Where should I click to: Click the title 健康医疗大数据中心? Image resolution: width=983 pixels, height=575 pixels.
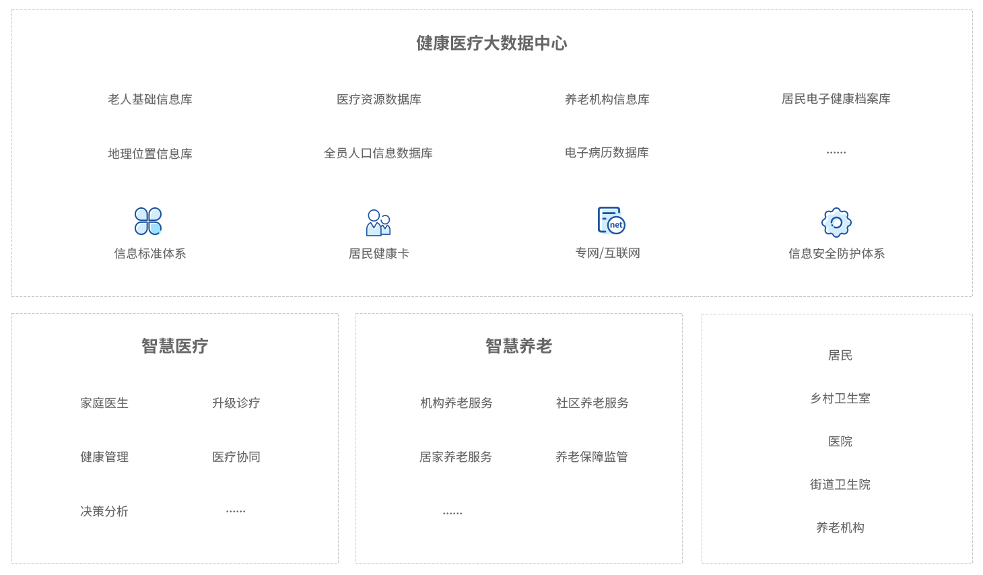(491, 43)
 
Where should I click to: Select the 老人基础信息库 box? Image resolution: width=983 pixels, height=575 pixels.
(149, 99)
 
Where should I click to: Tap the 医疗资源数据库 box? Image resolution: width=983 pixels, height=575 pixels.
(378, 99)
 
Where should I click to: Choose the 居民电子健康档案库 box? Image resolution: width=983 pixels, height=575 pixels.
(836, 99)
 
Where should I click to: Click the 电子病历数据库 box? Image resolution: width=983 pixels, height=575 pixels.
(607, 153)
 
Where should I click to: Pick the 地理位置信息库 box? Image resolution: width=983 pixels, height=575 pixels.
(149, 153)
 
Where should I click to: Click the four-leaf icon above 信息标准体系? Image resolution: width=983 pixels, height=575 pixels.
(148, 221)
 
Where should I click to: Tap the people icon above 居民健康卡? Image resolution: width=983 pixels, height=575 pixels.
(378, 222)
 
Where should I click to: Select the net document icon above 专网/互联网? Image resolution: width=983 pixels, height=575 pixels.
(611, 220)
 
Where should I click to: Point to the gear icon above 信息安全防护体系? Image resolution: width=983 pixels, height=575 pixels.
(836, 222)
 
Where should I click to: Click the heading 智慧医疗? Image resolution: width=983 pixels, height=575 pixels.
(174, 346)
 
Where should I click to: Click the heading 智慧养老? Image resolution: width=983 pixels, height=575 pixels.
(518, 346)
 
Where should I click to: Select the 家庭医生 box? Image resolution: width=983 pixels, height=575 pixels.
(104, 403)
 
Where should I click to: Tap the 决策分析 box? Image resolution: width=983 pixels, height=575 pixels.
(104, 511)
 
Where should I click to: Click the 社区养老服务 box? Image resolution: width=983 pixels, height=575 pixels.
(590, 403)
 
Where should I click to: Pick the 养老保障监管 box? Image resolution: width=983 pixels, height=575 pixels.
(590, 456)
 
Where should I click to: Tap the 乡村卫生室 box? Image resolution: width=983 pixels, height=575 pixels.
(840, 398)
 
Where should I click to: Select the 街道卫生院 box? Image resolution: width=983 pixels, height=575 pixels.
(840, 483)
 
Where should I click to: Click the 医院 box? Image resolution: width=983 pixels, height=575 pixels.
(840, 440)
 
